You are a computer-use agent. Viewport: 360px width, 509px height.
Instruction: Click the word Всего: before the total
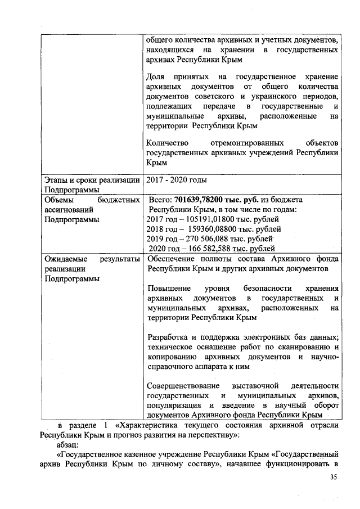(x=160, y=200)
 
